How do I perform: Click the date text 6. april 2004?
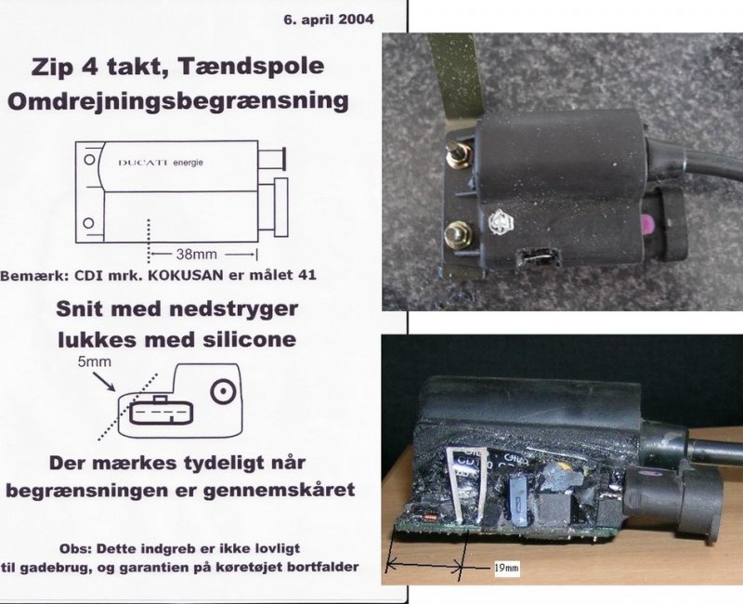[329, 20]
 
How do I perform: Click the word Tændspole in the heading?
[251, 66]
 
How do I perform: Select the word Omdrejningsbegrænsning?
[178, 101]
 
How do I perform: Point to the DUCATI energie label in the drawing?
[160, 163]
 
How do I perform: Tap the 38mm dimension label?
[196, 254]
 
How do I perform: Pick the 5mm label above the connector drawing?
[95, 362]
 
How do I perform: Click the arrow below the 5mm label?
[104, 381]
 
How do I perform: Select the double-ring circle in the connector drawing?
[223, 392]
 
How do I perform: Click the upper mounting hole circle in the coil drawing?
[89, 159]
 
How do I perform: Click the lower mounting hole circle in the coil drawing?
[88, 223]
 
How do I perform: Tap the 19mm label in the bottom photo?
[506, 568]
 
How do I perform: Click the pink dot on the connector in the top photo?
[646, 221]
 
